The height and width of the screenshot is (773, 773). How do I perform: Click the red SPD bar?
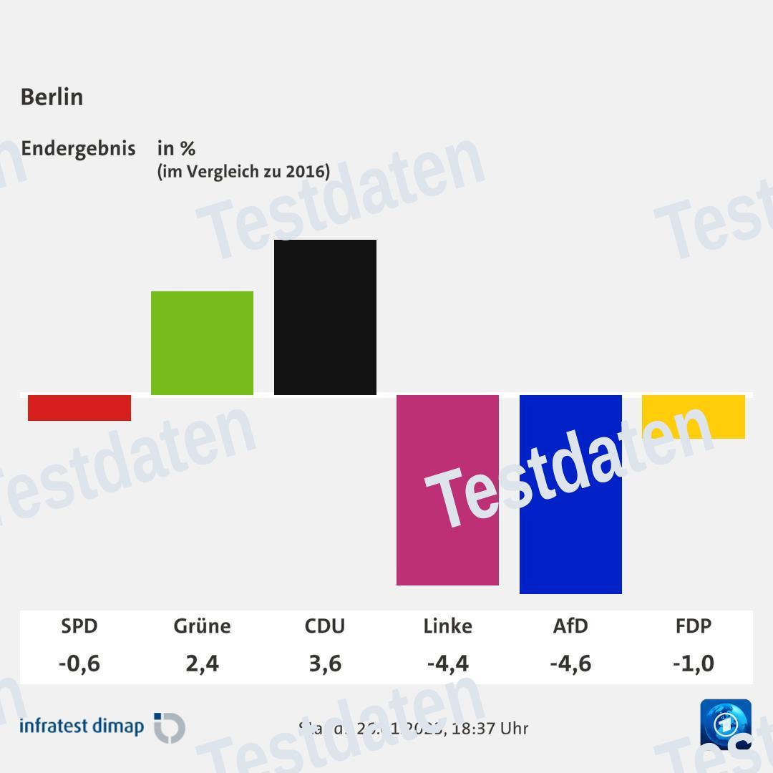click(x=79, y=408)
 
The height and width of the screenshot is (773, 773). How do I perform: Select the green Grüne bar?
click(x=202, y=343)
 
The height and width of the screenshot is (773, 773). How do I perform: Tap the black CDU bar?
click(x=325, y=317)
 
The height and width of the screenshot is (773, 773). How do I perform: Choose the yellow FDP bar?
click(x=694, y=417)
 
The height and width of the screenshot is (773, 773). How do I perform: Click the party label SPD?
click(x=79, y=626)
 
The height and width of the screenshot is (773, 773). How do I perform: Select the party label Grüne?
click(x=202, y=626)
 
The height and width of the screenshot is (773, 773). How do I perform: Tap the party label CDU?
click(x=325, y=626)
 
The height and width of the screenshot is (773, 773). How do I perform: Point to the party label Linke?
click(x=447, y=626)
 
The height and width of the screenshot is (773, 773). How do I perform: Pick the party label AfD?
click(x=570, y=626)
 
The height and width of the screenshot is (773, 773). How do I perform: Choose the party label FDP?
click(x=694, y=626)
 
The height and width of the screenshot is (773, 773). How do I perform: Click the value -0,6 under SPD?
click(x=79, y=663)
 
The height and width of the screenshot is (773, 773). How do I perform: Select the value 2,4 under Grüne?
click(x=202, y=663)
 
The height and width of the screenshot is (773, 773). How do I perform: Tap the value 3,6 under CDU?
click(x=325, y=663)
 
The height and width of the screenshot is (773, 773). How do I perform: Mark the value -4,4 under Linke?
click(x=447, y=663)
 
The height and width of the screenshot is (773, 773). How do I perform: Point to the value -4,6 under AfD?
click(x=570, y=663)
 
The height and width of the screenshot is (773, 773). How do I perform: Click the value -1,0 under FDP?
click(x=694, y=663)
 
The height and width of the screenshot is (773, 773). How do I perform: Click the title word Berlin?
click(x=52, y=97)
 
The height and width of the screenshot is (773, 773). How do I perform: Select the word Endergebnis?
click(x=78, y=149)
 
